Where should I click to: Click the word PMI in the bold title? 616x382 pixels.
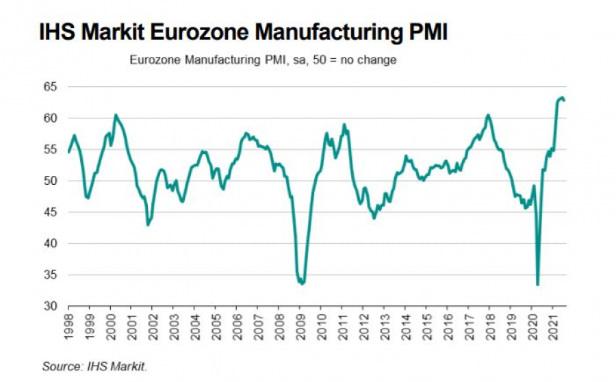pyautogui.click(x=424, y=32)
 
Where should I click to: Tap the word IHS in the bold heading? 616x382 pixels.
pyautogui.click(x=60, y=32)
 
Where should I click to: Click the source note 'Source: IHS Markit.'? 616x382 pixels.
pyautogui.click(x=94, y=367)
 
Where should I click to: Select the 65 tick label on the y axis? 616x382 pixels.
pyautogui.click(x=53, y=87)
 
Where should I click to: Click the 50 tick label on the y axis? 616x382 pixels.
pyautogui.click(x=53, y=181)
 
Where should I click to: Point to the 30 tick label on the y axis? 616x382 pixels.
pyautogui.click(x=53, y=306)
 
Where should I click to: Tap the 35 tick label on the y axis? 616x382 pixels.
pyautogui.click(x=53, y=275)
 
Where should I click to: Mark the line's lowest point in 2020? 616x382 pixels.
pyautogui.click(x=537, y=285)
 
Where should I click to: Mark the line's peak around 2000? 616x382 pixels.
pyautogui.click(x=116, y=114)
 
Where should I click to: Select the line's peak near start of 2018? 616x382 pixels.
pyautogui.click(x=488, y=114)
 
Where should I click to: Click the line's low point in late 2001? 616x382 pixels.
pyautogui.click(x=148, y=225)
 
